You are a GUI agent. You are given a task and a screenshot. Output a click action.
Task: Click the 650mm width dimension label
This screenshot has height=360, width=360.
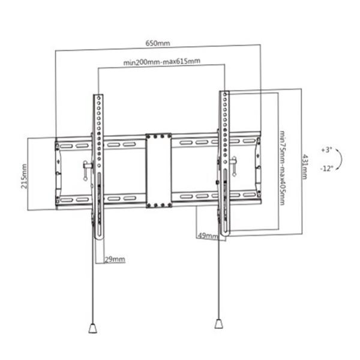[x=158, y=44]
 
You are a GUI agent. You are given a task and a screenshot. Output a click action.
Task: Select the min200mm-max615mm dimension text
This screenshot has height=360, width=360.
[x=161, y=61]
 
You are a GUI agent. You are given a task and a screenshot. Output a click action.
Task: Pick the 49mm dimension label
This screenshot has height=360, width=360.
[x=207, y=236]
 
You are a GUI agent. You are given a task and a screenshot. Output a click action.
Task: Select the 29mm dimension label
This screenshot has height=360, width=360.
[x=115, y=259]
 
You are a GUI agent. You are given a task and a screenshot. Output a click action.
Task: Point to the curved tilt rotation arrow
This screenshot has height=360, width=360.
[x=340, y=158]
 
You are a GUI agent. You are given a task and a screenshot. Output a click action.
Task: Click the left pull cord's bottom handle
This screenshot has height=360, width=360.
[x=93, y=328]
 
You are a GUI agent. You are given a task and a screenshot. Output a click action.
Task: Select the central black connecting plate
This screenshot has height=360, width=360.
[x=159, y=171]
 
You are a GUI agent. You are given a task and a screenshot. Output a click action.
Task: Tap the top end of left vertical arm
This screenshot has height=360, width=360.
[x=97, y=97]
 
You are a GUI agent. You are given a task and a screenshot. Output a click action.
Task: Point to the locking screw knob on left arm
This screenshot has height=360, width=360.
[x=87, y=170]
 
